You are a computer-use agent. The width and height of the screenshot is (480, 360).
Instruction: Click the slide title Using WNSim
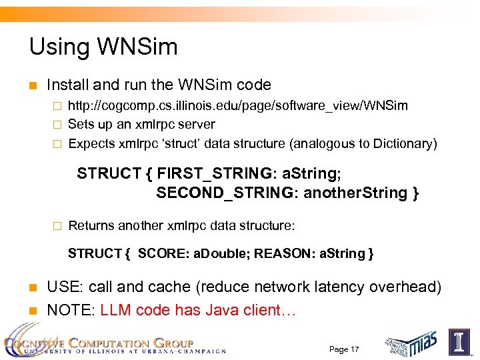[x=103, y=47]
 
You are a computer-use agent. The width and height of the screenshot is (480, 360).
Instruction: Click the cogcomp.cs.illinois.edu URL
[x=238, y=106]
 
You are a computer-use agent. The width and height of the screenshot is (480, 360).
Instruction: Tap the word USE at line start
[x=64, y=287]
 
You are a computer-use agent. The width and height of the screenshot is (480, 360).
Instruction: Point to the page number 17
[x=344, y=349]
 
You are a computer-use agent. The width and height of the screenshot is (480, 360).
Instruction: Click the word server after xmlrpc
[x=196, y=125]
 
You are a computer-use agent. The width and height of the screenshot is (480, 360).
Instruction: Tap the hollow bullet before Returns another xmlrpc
[x=57, y=226]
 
